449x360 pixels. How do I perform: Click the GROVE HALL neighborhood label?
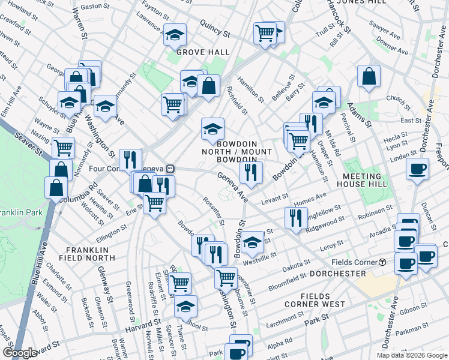point(203,52)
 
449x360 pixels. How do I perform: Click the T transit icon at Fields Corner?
point(382,262)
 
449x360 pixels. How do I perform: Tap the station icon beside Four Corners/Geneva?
point(170,169)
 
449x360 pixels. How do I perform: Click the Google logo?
point(20,353)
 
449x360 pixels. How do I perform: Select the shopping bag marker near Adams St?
point(369,76)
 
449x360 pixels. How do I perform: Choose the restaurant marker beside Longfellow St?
point(297,218)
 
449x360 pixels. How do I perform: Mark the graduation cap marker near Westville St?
point(253,242)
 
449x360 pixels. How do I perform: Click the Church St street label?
point(397,98)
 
